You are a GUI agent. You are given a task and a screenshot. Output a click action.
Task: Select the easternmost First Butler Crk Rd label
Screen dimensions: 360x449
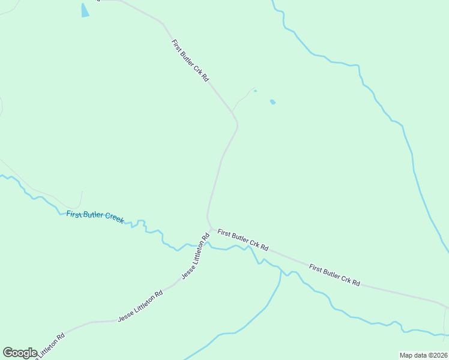[x=334, y=274]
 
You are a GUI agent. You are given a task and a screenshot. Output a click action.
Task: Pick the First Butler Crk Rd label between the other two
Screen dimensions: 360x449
[x=243, y=239]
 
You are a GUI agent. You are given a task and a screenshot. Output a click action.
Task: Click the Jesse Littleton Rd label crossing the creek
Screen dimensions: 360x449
[x=196, y=257]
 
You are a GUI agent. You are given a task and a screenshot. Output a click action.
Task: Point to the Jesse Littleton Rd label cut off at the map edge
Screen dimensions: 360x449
[x=50, y=347]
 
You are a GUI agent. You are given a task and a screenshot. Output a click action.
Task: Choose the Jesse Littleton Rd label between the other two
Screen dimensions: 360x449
[x=140, y=307]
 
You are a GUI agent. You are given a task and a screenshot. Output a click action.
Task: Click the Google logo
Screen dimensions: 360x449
[x=20, y=353]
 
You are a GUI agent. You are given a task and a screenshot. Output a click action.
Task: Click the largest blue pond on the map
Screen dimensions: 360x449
[x=85, y=10]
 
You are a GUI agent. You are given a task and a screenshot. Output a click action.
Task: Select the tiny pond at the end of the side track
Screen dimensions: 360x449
[x=255, y=91]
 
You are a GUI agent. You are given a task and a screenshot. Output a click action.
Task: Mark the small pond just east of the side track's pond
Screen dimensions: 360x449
[x=273, y=102]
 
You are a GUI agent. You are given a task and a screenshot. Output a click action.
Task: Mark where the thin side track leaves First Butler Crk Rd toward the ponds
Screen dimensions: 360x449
[x=232, y=111]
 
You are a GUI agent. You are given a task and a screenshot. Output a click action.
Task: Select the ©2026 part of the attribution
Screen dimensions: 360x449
[x=436, y=355]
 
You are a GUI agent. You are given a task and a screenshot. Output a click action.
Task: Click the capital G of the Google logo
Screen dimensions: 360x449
[x=8, y=353]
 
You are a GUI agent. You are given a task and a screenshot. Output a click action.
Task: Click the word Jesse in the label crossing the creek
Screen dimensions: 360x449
[x=189, y=269]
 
